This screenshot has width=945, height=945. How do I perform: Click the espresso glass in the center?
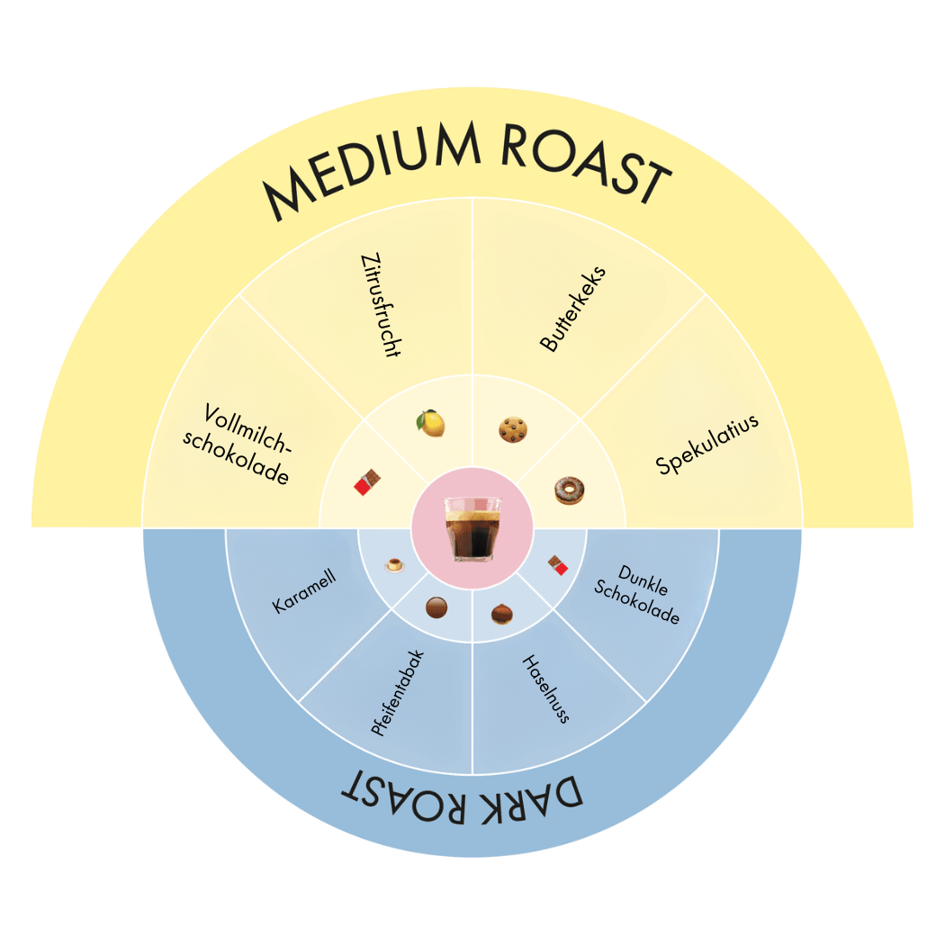coord(472,528)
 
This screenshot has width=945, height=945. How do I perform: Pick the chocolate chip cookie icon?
coord(513,429)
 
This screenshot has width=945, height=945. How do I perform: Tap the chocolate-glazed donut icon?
coord(570,490)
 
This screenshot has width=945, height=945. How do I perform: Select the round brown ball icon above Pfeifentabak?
coord(436,607)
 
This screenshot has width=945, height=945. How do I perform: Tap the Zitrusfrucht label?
coord(379,305)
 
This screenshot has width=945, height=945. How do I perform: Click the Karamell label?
coord(304,592)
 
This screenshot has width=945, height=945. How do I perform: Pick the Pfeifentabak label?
coord(397,692)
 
